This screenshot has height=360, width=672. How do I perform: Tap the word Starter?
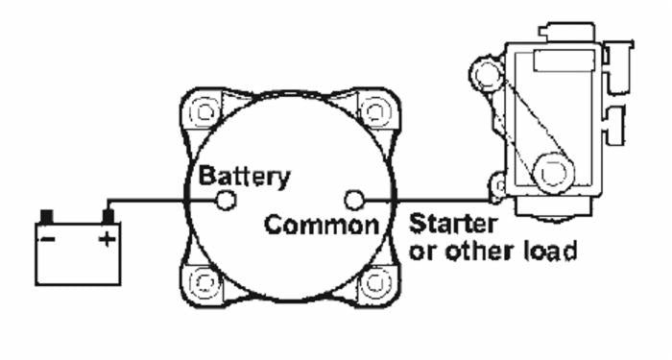tap(453, 226)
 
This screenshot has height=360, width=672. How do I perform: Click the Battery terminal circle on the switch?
tap(227, 200)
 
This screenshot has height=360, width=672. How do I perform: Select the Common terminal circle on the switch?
tap(355, 200)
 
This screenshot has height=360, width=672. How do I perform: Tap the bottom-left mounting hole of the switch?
tap(204, 284)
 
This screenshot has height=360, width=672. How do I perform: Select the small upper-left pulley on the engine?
tap(485, 73)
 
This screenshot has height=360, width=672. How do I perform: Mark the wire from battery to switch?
tap(163, 200)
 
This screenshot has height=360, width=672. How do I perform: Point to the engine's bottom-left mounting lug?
tap(497, 184)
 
